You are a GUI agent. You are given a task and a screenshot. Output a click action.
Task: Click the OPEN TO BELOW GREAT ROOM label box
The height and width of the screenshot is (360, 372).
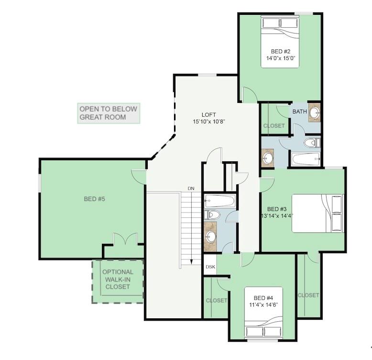pyautogui.click(x=109, y=113)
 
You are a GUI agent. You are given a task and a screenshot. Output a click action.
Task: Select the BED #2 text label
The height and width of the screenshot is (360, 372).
pyautogui.click(x=281, y=51)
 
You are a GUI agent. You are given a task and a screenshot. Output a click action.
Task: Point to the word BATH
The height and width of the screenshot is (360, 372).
pyautogui.click(x=299, y=112)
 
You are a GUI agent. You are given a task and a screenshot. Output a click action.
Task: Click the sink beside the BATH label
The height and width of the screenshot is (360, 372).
pyautogui.click(x=314, y=112)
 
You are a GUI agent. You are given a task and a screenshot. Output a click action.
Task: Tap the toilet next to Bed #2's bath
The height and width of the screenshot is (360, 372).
pyautogui.click(x=311, y=143)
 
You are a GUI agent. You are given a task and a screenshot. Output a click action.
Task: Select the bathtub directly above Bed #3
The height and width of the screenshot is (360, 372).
pyautogui.click(x=306, y=159)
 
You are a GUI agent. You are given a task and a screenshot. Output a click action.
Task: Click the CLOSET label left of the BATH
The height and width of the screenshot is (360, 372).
pyautogui.click(x=274, y=126)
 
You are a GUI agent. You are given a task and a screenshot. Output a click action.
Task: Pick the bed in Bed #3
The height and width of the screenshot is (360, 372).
pyautogui.click(x=317, y=213)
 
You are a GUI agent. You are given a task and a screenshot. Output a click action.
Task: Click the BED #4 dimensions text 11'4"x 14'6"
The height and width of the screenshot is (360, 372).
pyautogui.click(x=263, y=304)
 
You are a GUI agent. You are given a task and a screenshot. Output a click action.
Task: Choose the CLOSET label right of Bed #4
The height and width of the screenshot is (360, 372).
pyautogui.click(x=308, y=295)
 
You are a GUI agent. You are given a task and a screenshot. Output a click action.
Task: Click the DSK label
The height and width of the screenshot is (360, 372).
pyautogui.click(x=210, y=267)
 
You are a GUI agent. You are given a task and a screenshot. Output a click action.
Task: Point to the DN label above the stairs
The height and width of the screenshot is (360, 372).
pyautogui.click(x=191, y=189)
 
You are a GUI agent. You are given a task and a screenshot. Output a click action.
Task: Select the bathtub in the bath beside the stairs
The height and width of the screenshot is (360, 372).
pyautogui.click(x=219, y=200)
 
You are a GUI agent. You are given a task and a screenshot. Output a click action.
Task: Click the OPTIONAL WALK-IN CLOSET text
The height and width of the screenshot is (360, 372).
pyautogui.click(x=118, y=279)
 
